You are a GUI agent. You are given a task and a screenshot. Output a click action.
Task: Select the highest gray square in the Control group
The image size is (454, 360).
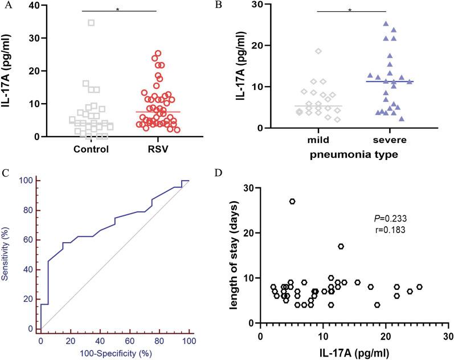pos(91,23)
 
